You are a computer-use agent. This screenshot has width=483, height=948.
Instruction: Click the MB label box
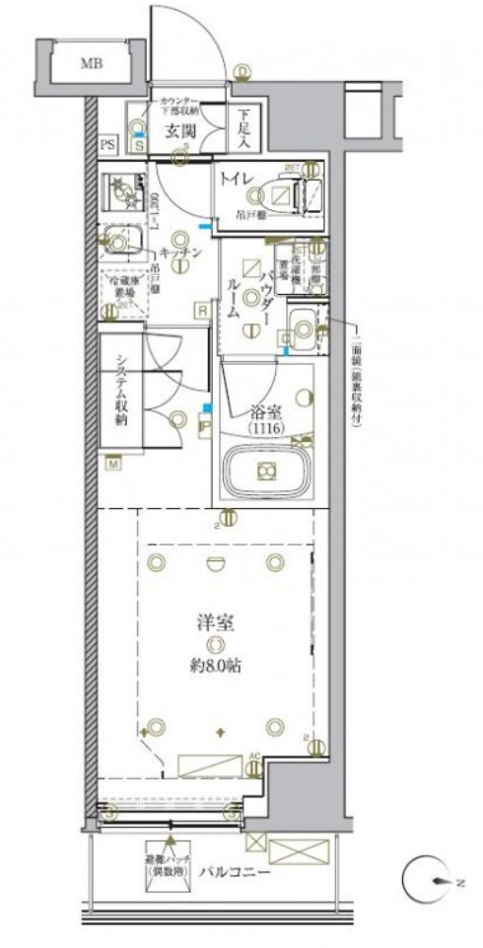tap(92, 65)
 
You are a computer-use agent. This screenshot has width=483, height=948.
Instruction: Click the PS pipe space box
tap(106, 145)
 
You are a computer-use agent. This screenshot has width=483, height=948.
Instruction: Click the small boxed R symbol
tap(201, 312)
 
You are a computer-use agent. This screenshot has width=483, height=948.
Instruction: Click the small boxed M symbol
tap(114, 462)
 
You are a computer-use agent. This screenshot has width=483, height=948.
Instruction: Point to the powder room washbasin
tap(304, 324)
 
